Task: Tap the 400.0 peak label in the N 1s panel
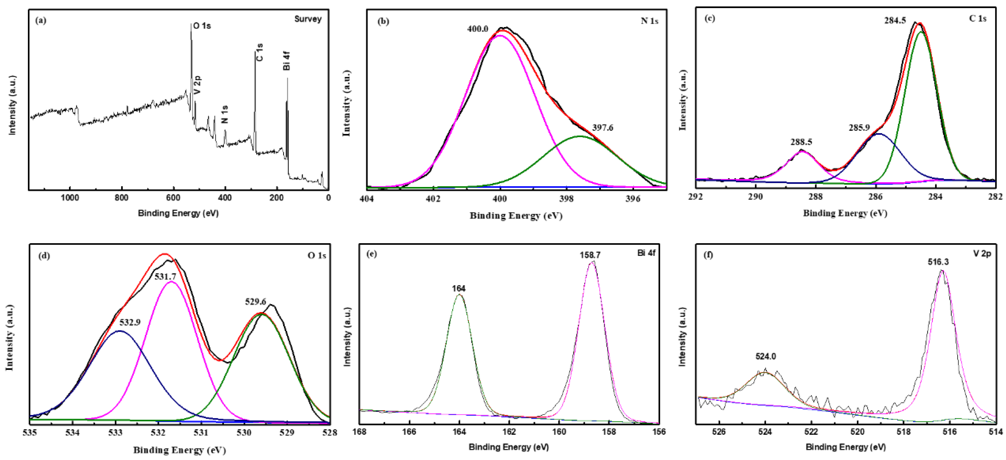[x=478, y=29]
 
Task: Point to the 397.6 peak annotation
[x=603, y=128]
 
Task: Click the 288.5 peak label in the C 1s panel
[x=801, y=142]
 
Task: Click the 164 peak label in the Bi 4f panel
[x=459, y=289]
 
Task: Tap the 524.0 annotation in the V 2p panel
[x=765, y=356]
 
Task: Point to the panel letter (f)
[x=708, y=255]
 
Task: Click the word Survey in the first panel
[x=308, y=19]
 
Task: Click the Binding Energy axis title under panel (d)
[x=180, y=450]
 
